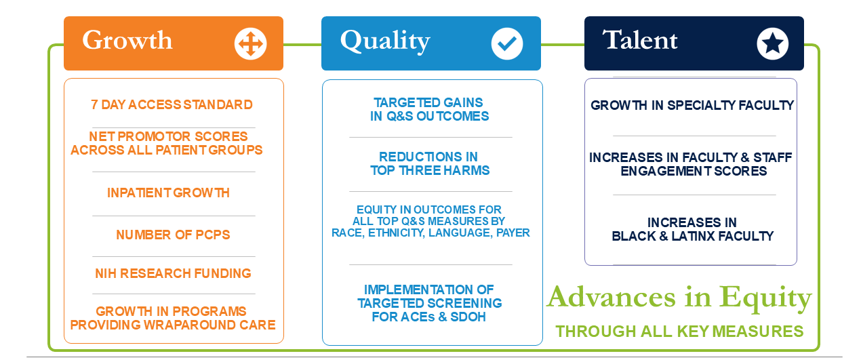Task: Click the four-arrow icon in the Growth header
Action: [x=251, y=43]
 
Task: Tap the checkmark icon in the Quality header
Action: [x=507, y=43]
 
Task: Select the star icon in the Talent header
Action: [x=773, y=43]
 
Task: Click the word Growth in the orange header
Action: [x=127, y=41]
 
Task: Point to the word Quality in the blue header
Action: [x=385, y=41]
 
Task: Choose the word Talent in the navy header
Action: [x=639, y=40]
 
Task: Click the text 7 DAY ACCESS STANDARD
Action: [x=172, y=104]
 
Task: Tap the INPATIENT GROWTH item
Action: [x=168, y=193]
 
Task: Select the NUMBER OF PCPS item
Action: [x=173, y=235]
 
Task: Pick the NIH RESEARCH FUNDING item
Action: [x=173, y=273]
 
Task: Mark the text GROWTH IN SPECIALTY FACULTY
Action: [x=692, y=105]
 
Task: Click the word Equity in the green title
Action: [x=765, y=298]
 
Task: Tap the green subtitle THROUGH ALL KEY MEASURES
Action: [x=679, y=331]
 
